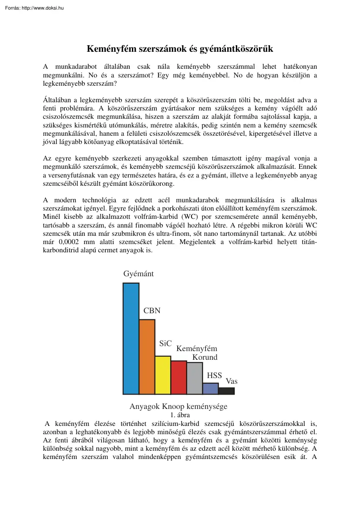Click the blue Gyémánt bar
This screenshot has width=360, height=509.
(x=131, y=338)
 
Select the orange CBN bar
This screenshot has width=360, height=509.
(x=147, y=357)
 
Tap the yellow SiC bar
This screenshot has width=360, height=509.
(x=163, y=375)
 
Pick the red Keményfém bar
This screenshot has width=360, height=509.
(x=179, y=377)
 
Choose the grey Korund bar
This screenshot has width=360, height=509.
(x=195, y=378)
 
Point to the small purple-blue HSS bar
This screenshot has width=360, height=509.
(x=211, y=388)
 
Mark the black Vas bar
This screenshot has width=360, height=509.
(x=226, y=391)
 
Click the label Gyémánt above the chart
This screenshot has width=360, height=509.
(x=138, y=274)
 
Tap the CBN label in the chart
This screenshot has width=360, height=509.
(x=152, y=311)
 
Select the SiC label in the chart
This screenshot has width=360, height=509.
(x=165, y=343)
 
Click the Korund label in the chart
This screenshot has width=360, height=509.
(x=205, y=357)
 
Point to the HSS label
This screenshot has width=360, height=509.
(x=214, y=375)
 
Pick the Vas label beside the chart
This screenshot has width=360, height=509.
(x=232, y=381)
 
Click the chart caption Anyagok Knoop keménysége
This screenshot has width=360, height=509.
(x=178, y=406)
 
